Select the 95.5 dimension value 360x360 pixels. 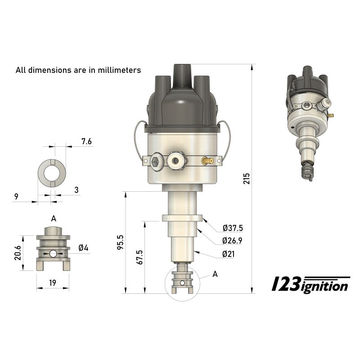tap(120, 243)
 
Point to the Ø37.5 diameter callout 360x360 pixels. tap(232, 228)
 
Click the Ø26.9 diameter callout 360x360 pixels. tap(232, 241)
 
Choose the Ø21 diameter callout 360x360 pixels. tap(229, 254)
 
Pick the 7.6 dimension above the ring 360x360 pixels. tap(86, 141)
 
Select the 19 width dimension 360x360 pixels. tap(53, 283)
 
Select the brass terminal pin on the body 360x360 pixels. tap(208, 160)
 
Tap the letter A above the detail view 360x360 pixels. tap(54, 218)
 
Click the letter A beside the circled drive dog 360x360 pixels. tap(215, 274)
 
